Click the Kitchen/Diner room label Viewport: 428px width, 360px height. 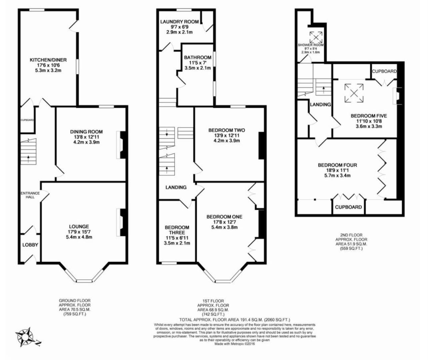point(48,60)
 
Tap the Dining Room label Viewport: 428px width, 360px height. point(86,132)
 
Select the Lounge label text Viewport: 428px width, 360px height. point(79,227)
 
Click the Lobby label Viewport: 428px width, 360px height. point(30,245)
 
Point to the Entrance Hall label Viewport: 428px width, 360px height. point(30,195)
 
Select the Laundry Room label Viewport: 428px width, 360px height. point(179,22)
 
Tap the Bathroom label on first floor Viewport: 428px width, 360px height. point(198,57)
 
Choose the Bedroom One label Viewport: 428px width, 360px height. point(224,217)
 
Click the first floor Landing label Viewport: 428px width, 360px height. point(176,187)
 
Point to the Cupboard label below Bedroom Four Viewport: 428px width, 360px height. point(348,207)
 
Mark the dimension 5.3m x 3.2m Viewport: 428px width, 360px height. point(48,70)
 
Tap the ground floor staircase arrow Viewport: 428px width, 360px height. point(28,158)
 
